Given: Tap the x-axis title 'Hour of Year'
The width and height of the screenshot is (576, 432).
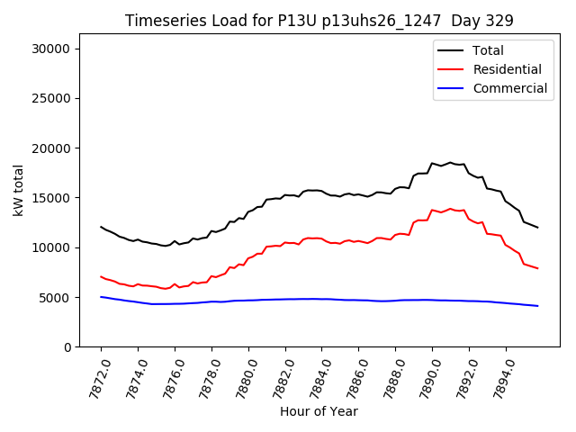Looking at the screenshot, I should click(x=319, y=411).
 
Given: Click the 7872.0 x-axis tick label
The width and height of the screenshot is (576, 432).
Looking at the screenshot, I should click(x=94, y=374).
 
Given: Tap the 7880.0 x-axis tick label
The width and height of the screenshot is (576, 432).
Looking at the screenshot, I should click(x=241, y=374).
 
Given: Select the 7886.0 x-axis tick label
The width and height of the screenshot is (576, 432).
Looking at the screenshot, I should click(x=351, y=374).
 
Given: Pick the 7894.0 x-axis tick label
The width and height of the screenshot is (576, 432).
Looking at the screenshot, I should click(x=499, y=374).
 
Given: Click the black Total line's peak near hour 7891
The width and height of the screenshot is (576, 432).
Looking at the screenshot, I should click(x=450, y=163).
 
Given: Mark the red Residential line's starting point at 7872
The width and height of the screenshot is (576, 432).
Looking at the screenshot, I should click(x=101, y=276).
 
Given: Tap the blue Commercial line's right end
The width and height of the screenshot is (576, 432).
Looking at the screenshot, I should click(x=537, y=306).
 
